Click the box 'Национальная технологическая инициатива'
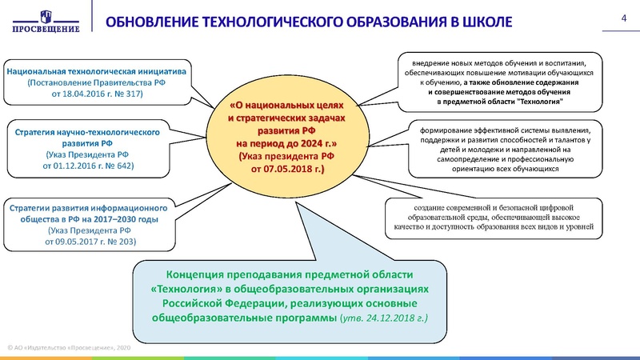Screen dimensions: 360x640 tap(97, 82)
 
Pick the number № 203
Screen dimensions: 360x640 tap(122, 241)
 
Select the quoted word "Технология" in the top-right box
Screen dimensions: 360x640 tap(540, 102)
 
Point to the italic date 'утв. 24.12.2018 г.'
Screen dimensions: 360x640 tap(383, 318)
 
